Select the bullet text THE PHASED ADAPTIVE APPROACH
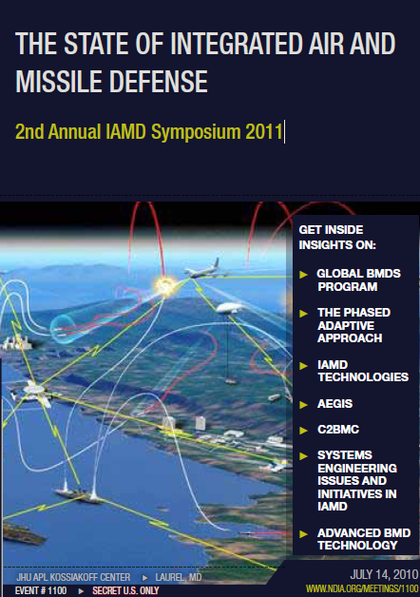pos(353,324)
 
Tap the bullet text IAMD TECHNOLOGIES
pos(355,371)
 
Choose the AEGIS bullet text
pos(334,404)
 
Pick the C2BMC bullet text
pos(336,430)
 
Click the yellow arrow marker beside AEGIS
pos(303,404)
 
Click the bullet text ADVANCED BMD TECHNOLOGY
pos(356,538)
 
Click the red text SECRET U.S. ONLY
pos(124,590)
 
